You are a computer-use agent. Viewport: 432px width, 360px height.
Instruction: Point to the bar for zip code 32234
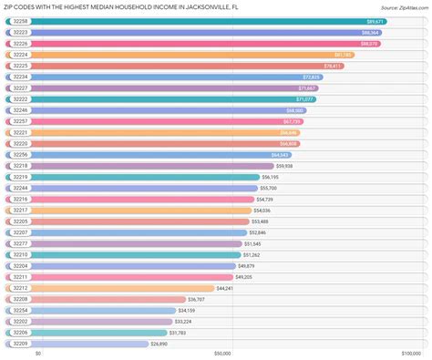[164, 77]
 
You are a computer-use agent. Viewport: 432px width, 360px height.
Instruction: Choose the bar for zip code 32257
[155, 121]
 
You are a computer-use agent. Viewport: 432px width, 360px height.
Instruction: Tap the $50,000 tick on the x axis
[221, 355]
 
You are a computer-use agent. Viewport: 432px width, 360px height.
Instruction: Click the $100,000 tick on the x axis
[407, 355]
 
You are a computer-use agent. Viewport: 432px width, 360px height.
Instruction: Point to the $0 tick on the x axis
[38, 355]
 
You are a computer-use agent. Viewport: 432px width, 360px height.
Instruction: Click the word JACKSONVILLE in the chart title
[186, 5]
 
